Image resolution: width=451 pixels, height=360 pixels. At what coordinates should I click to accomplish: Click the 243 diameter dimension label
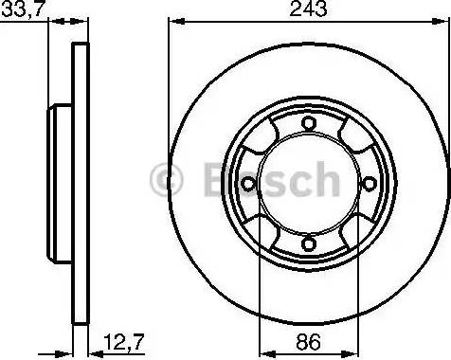(307, 10)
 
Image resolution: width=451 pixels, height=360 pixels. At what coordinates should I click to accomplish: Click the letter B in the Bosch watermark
(211, 177)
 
